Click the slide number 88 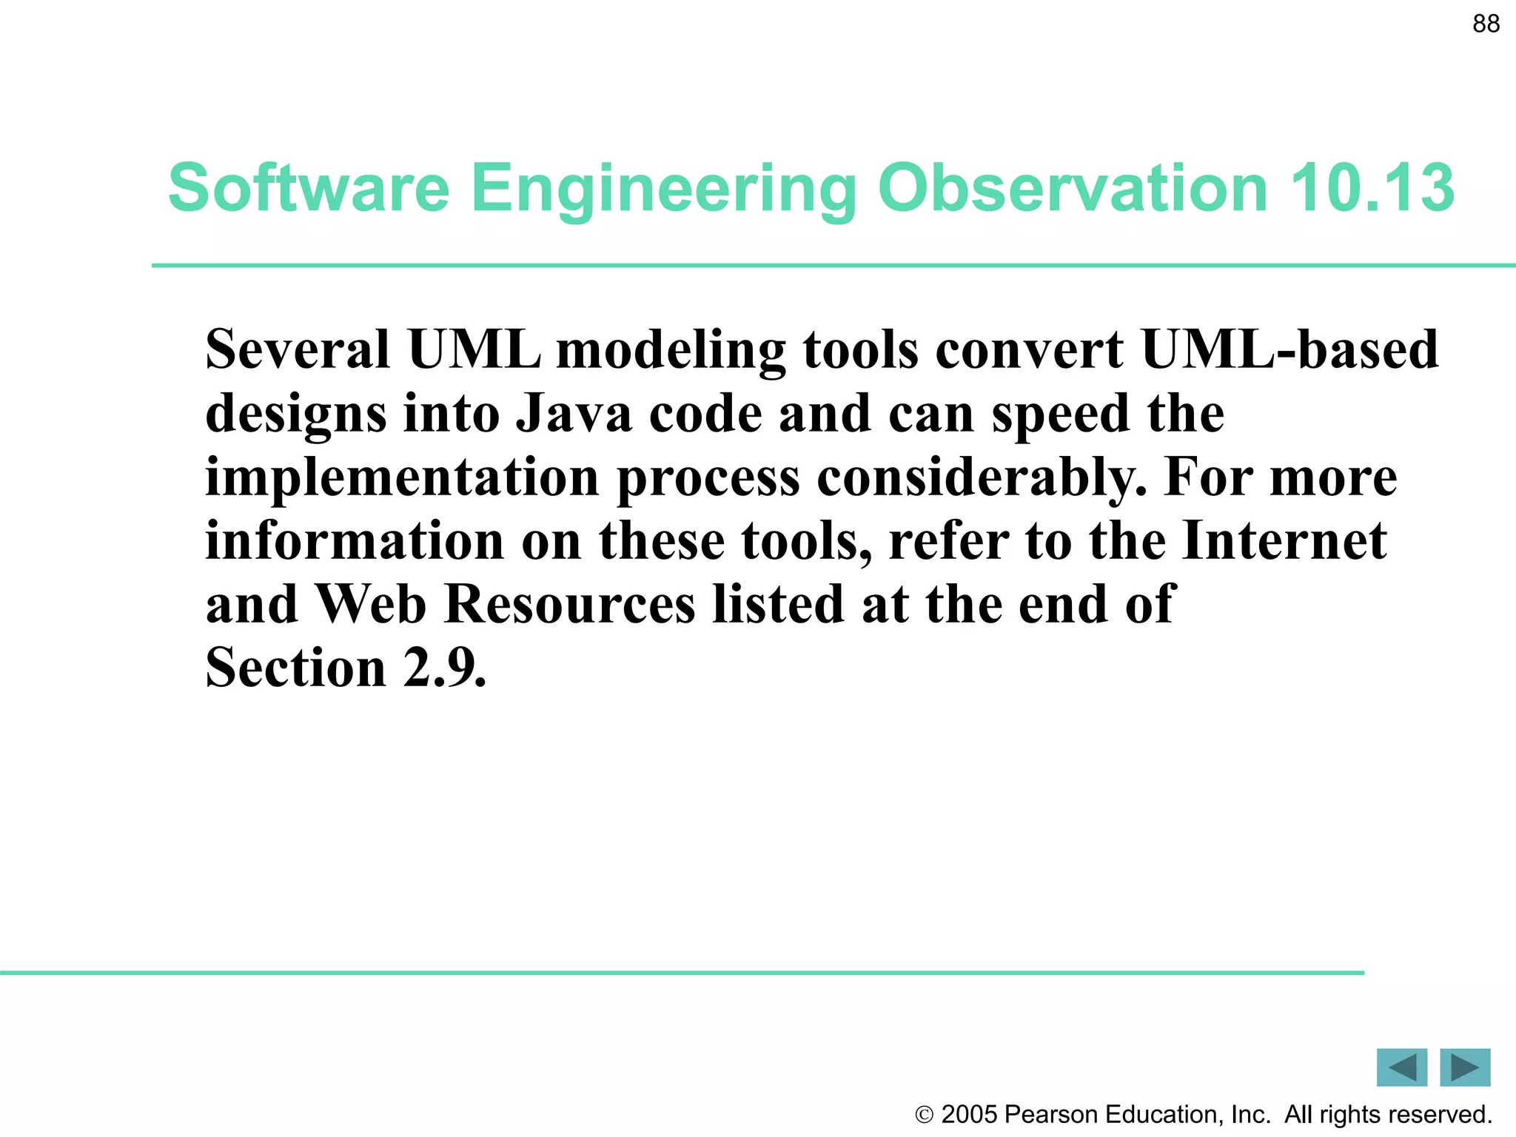tap(1486, 24)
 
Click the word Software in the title tap(309, 188)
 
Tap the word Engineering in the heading tap(663, 189)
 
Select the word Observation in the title tap(1073, 188)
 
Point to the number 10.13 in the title tap(1372, 188)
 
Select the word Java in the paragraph tap(574, 413)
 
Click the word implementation tap(402, 477)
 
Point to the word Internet tap(1284, 540)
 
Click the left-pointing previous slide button tap(1401, 1067)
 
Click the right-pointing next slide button tap(1465, 1067)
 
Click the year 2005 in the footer tap(970, 1115)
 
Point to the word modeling tap(671, 350)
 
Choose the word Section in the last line tap(295, 668)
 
